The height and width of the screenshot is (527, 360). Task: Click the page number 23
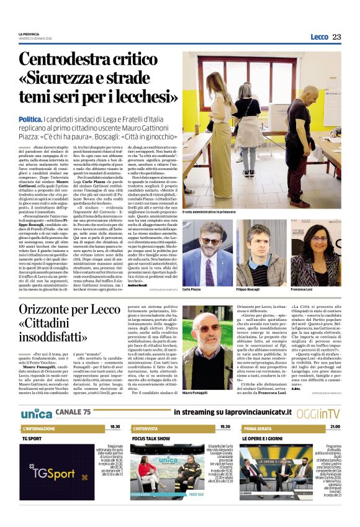(336, 37)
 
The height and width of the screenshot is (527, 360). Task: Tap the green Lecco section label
(319, 37)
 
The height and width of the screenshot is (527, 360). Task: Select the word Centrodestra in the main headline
(70, 61)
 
